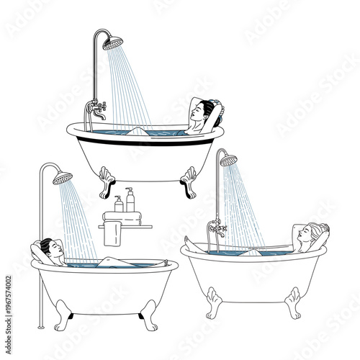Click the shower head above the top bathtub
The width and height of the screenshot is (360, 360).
click(113, 43)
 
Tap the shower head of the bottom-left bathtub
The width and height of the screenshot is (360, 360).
click(63, 177)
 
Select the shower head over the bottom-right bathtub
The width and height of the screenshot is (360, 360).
click(228, 161)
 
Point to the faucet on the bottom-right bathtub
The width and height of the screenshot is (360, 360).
click(216, 231)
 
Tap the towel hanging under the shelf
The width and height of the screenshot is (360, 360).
click(111, 235)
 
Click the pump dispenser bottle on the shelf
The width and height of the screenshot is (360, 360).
click(130, 201)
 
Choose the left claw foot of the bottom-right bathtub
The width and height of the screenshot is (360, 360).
click(212, 302)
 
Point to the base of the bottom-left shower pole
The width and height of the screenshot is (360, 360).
click(41, 327)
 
